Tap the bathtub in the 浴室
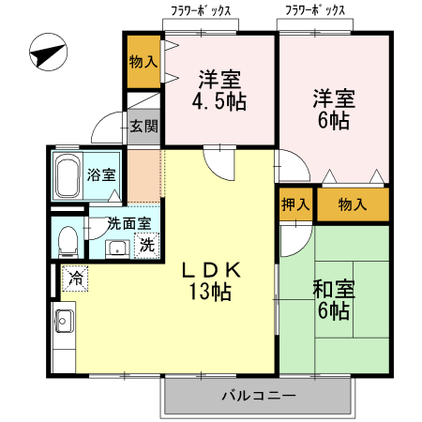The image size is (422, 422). point(68,175)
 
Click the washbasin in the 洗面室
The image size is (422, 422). point(117,249)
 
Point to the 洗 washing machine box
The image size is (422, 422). point(147,247)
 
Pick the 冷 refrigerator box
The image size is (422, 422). point(76,278)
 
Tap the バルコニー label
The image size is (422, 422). point(258,396)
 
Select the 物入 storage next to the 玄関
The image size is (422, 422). point(143,61)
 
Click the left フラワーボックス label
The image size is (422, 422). point(201,11)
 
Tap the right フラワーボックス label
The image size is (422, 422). point(315,11)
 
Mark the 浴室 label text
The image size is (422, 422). point(102,174)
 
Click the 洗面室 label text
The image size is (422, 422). point(128,224)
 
